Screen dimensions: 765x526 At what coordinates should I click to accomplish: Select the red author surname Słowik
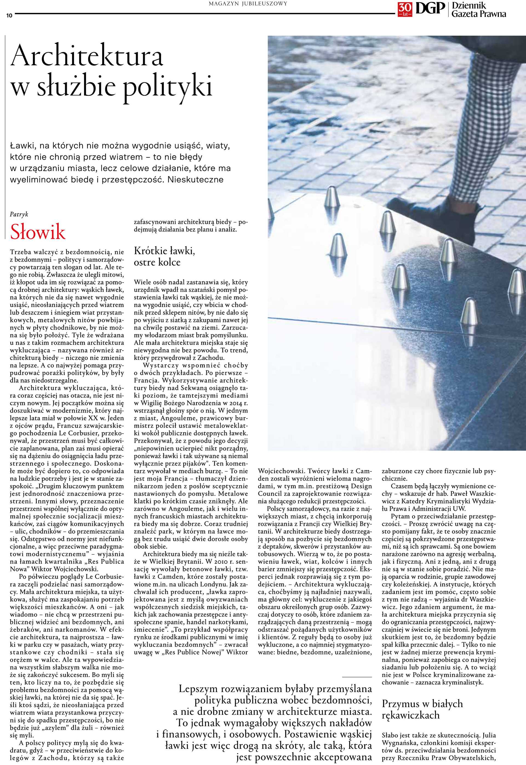pos(38,232)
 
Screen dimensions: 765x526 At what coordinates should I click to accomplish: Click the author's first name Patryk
pos(19,214)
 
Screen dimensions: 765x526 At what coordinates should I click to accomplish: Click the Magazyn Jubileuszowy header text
pos(248,4)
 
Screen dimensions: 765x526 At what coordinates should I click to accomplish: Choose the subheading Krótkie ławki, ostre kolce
pos(164,257)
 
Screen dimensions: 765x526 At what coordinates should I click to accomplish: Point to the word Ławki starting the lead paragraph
pos(21,145)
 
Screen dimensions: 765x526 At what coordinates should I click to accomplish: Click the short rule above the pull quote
pos(357,677)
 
